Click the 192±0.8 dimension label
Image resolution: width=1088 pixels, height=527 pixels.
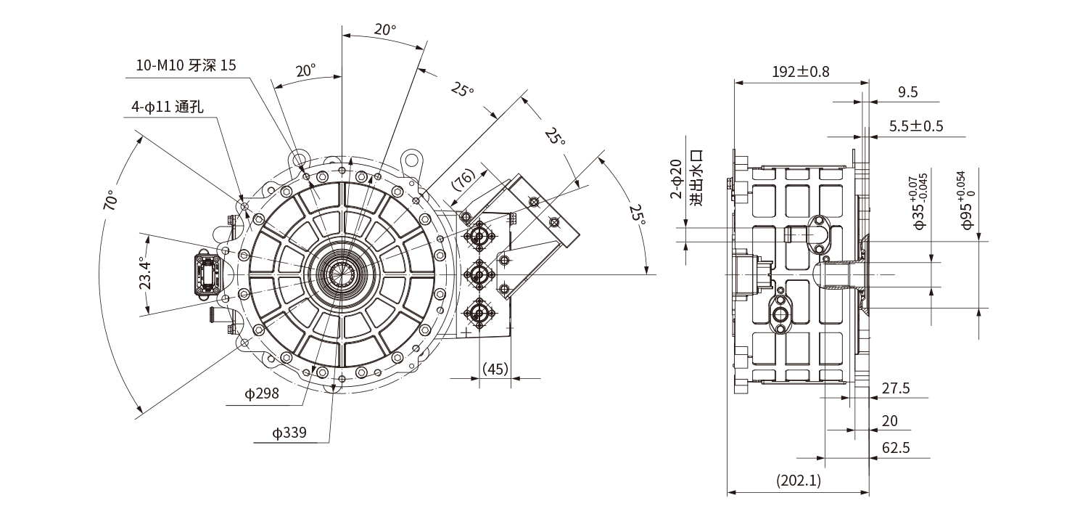tap(800, 71)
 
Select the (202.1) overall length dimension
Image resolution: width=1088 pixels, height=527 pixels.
tap(798, 480)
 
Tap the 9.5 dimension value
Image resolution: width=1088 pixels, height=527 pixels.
tap(907, 91)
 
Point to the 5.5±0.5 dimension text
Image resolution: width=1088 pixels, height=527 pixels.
tap(916, 126)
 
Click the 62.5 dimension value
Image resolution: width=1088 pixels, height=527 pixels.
tap(896, 447)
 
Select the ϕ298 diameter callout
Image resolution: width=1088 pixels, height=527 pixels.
tap(262, 394)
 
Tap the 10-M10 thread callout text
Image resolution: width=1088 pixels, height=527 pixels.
tap(186, 65)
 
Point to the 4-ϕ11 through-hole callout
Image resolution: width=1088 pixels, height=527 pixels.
tap(167, 107)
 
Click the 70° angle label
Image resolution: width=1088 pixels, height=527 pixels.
tap(111, 200)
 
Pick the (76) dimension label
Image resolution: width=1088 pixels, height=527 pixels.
tap(463, 179)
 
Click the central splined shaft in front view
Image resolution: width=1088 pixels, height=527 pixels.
tap(340, 274)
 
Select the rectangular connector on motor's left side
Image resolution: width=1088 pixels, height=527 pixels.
tap(205, 275)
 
